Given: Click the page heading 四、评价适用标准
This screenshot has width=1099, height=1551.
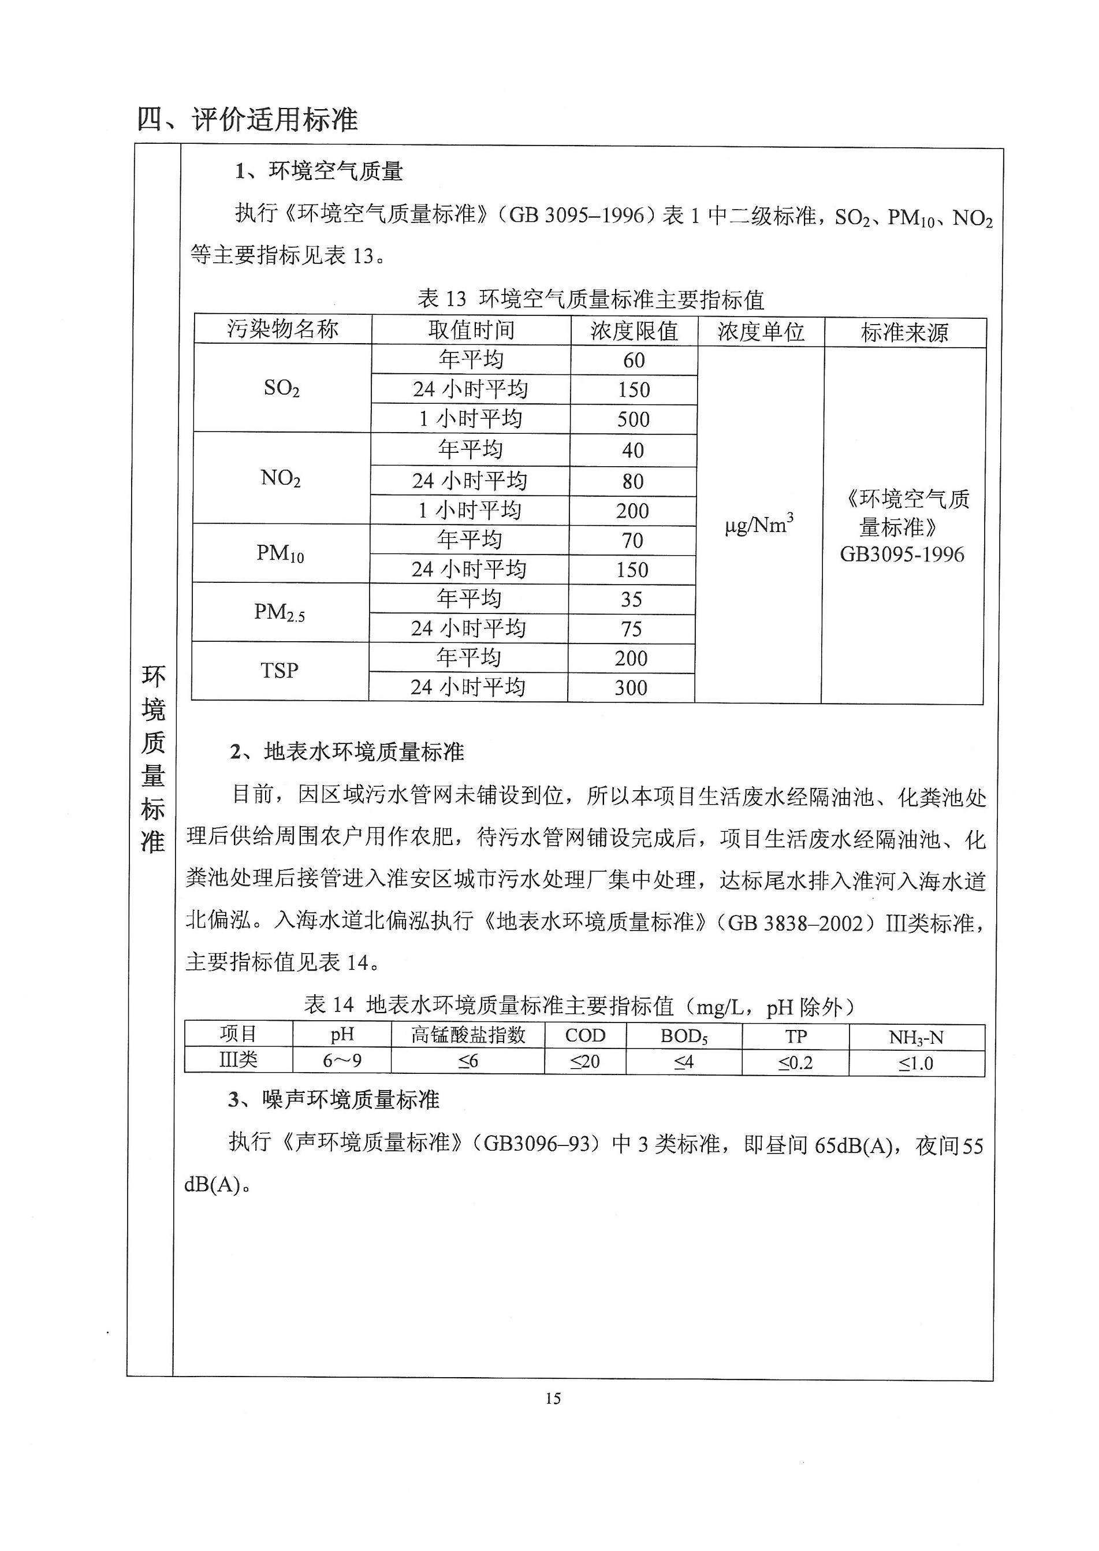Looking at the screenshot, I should click(247, 119).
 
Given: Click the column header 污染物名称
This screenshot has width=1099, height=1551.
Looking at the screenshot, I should click(282, 330).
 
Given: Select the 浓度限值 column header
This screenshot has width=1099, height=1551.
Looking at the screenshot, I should click(634, 331).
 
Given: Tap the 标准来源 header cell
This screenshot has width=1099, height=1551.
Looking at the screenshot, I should click(904, 332).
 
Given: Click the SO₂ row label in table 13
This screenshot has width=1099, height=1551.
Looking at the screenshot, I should click(281, 388).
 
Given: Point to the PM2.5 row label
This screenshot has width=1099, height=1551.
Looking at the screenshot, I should click(280, 612).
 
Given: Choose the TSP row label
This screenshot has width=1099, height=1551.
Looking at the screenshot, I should click(280, 671).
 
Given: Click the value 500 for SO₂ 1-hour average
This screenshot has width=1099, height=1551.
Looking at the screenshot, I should click(633, 419).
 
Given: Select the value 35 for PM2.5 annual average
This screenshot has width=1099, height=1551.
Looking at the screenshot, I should click(631, 600).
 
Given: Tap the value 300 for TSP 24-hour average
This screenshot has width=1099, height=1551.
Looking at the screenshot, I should click(631, 688).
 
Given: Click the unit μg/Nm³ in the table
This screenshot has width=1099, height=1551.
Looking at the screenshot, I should click(759, 525).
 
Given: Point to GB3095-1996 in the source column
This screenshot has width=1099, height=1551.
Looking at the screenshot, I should click(902, 555).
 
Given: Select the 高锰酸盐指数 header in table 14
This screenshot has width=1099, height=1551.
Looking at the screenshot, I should click(468, 1035).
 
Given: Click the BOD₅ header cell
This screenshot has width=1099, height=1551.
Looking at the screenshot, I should click(684, 1037).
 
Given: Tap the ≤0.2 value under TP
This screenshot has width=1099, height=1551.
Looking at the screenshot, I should click(795, 1062).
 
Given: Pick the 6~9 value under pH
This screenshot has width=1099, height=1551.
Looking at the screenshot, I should click(342, 1061).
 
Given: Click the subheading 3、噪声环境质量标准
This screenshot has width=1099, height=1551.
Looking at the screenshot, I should click(334, 1100).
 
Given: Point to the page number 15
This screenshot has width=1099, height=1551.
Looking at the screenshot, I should click(553, 1398).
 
